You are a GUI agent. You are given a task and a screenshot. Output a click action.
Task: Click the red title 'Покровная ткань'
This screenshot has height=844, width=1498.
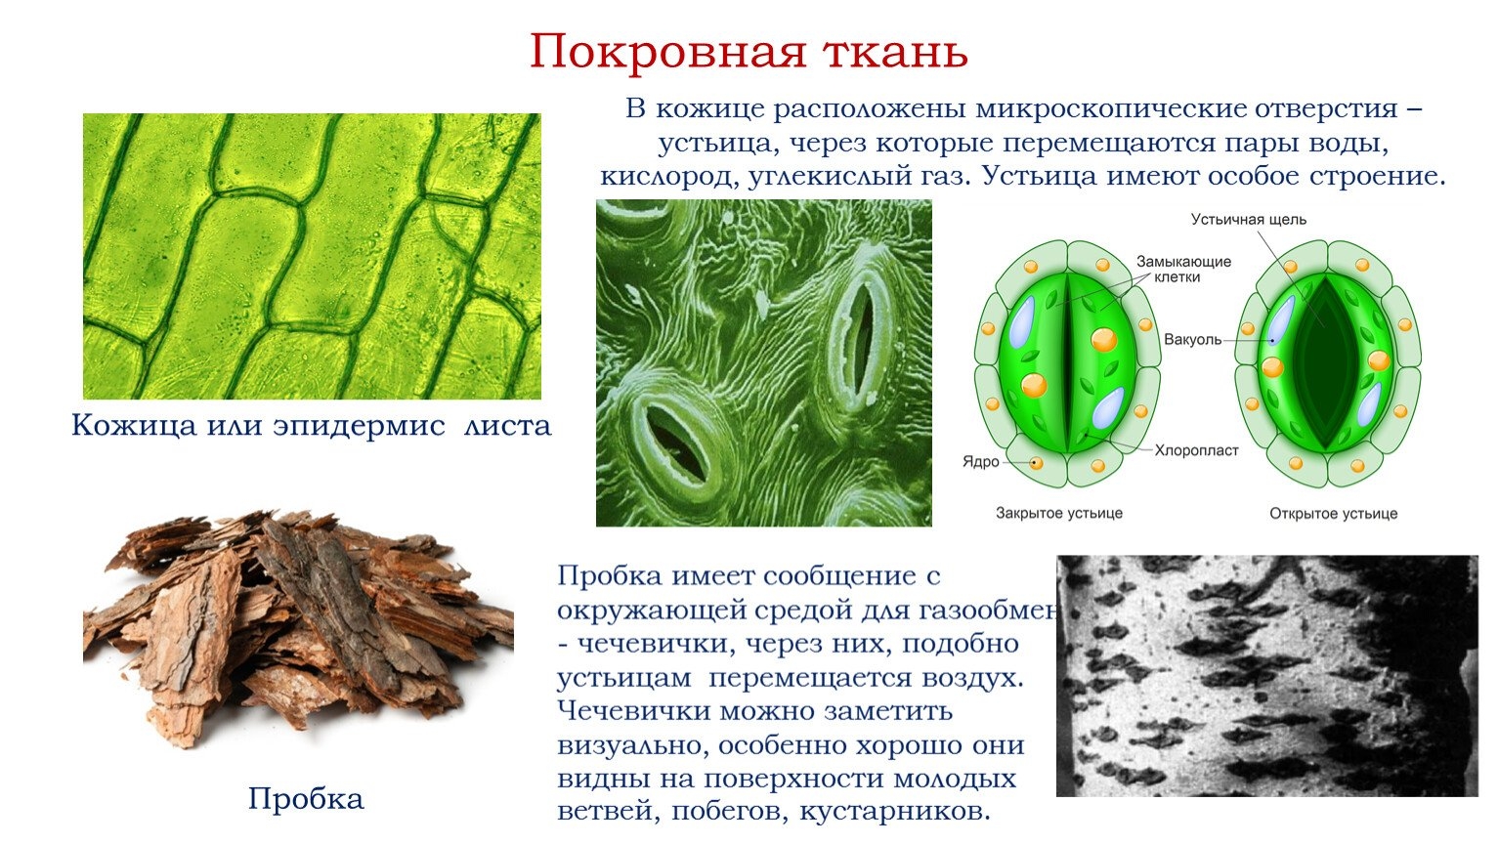749,52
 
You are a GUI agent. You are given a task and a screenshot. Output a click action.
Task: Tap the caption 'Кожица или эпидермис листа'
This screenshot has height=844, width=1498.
311,425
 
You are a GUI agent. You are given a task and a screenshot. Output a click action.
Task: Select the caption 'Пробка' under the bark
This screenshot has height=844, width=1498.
306,798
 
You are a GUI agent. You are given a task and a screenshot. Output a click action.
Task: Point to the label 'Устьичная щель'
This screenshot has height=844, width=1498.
1248,220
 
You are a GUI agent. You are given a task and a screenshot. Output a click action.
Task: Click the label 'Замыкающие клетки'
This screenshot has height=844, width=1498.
1183,269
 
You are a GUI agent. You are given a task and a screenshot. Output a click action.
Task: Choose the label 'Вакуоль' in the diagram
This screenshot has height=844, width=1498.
1192,340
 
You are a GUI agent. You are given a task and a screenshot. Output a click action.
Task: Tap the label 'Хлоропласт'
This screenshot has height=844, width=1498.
1196,450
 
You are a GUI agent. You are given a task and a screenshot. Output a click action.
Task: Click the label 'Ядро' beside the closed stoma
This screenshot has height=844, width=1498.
980,461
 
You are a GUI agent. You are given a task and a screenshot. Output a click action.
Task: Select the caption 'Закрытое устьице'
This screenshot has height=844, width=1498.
1058,513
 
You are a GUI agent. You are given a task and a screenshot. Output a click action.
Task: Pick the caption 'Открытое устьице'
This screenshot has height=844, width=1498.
1334,514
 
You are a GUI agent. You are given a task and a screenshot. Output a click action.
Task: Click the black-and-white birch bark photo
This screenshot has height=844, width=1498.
1266,675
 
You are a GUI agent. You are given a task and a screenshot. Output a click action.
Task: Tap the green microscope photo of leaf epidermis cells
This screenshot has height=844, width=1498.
312,256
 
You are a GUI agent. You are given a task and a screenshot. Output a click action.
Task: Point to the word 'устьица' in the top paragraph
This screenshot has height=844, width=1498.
719,144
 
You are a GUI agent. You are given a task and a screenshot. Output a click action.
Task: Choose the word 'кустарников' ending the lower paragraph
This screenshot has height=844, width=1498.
894,811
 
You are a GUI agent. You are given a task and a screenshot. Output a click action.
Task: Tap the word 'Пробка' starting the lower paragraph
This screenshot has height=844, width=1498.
609,575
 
